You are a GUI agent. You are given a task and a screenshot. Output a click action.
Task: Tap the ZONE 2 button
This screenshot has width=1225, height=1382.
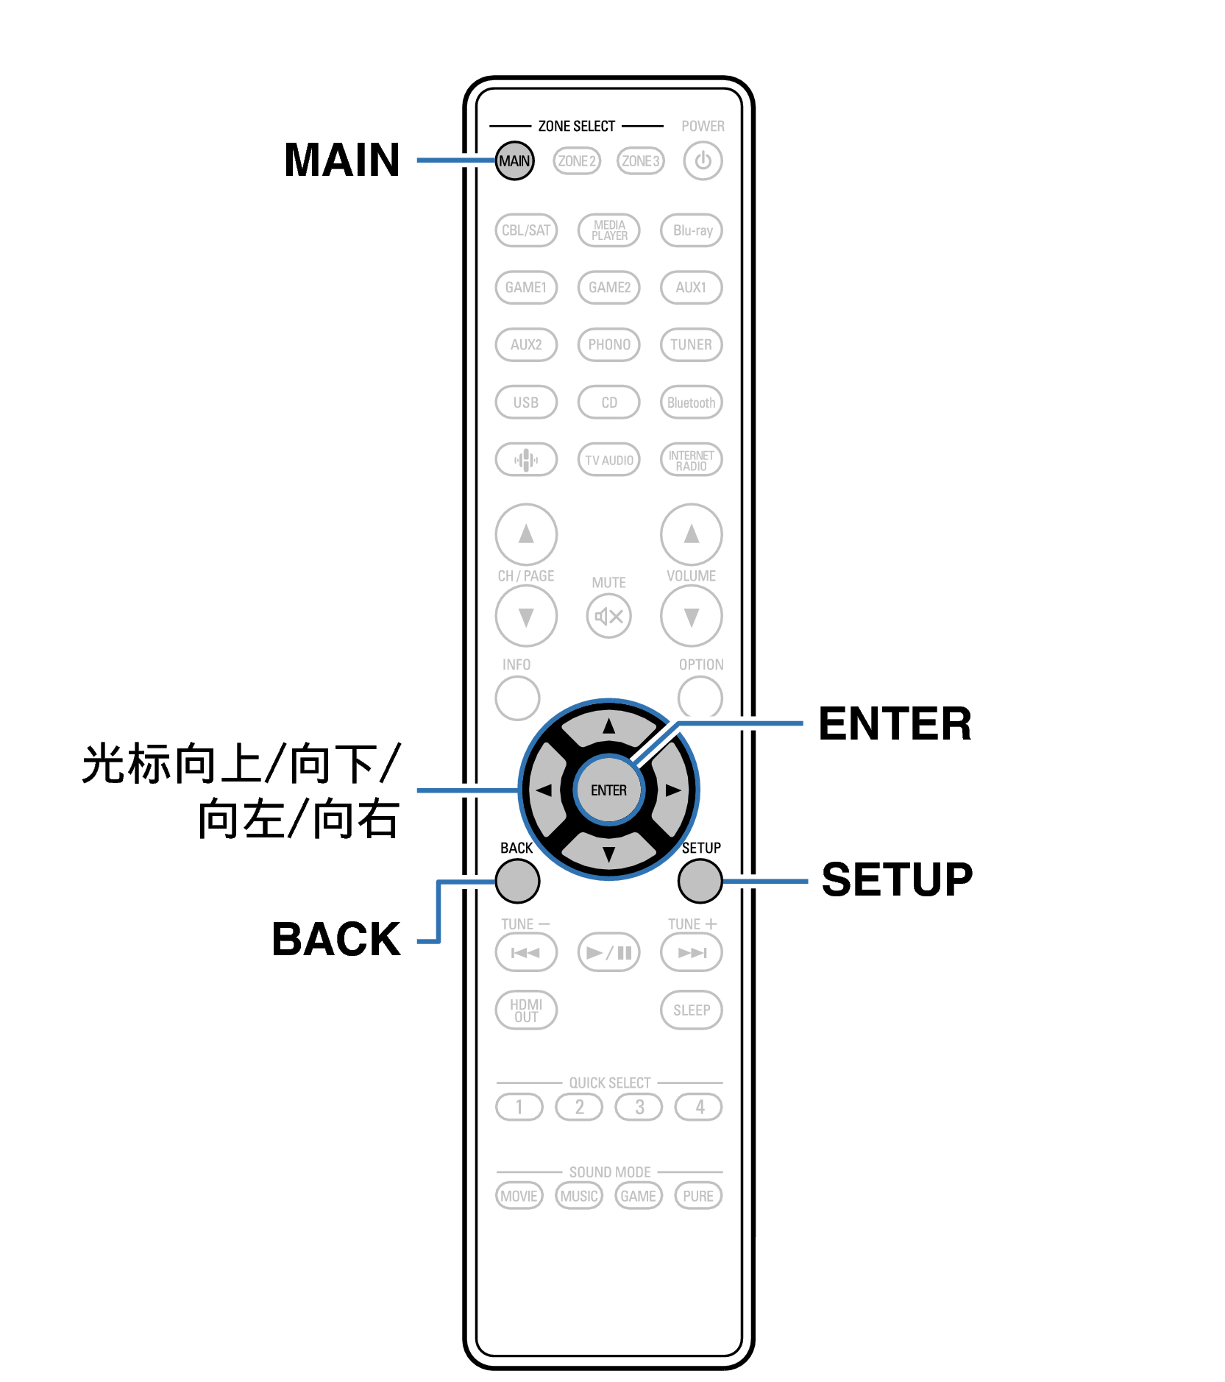point(577,160)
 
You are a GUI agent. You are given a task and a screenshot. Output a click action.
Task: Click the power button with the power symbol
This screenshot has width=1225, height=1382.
point(703,160)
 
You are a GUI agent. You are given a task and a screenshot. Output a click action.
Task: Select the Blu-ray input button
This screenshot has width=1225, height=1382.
point(692,230)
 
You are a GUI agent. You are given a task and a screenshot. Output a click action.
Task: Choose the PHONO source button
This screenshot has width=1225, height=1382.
point(609,344)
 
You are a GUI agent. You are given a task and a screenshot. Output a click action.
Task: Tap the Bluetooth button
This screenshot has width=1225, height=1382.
point(692,403)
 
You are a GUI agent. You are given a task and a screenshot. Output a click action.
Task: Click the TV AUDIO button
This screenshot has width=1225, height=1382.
point(609,460)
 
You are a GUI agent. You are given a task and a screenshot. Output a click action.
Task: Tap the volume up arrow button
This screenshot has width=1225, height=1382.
point(692,534)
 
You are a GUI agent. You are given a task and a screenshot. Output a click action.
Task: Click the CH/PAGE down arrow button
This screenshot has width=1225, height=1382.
point(526,616)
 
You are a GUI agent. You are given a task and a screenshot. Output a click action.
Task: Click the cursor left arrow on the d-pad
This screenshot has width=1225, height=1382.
point(544,790)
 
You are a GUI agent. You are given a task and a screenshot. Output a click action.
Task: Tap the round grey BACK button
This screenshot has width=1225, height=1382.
point(518,881)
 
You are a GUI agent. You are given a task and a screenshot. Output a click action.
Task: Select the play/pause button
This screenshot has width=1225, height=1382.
point(609,953)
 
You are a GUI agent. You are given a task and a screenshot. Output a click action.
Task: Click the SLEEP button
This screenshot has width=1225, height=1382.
point(692,1010)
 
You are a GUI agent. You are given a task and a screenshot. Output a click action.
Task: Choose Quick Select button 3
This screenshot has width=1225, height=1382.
point(639,1107)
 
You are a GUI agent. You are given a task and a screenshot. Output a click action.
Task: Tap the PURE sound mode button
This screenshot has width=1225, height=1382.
point(698,1196)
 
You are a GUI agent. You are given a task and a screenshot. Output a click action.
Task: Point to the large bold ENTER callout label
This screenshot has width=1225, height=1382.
point(895,724)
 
